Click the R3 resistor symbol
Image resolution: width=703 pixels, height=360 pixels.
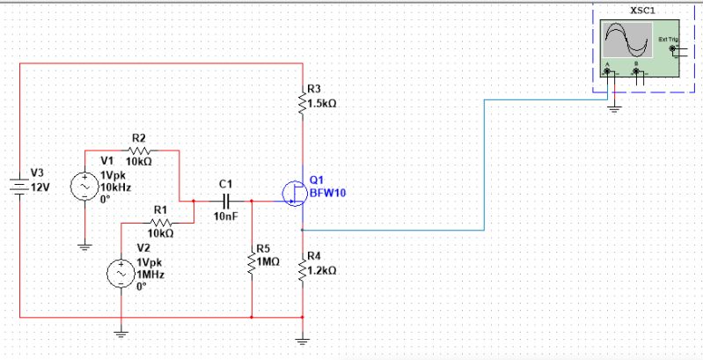click(x=304, y=101)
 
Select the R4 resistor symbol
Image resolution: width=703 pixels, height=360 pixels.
click(x=304, y=268)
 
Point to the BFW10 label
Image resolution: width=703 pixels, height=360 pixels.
click(x=326, y=193)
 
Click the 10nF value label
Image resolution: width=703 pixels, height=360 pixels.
click(x=226, y=217)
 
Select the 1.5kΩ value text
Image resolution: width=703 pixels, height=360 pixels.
click(x=323, y=103)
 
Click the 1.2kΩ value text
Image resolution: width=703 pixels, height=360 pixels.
click(x=323, y=271)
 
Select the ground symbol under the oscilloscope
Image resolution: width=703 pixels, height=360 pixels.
click(x=616, y=108)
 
